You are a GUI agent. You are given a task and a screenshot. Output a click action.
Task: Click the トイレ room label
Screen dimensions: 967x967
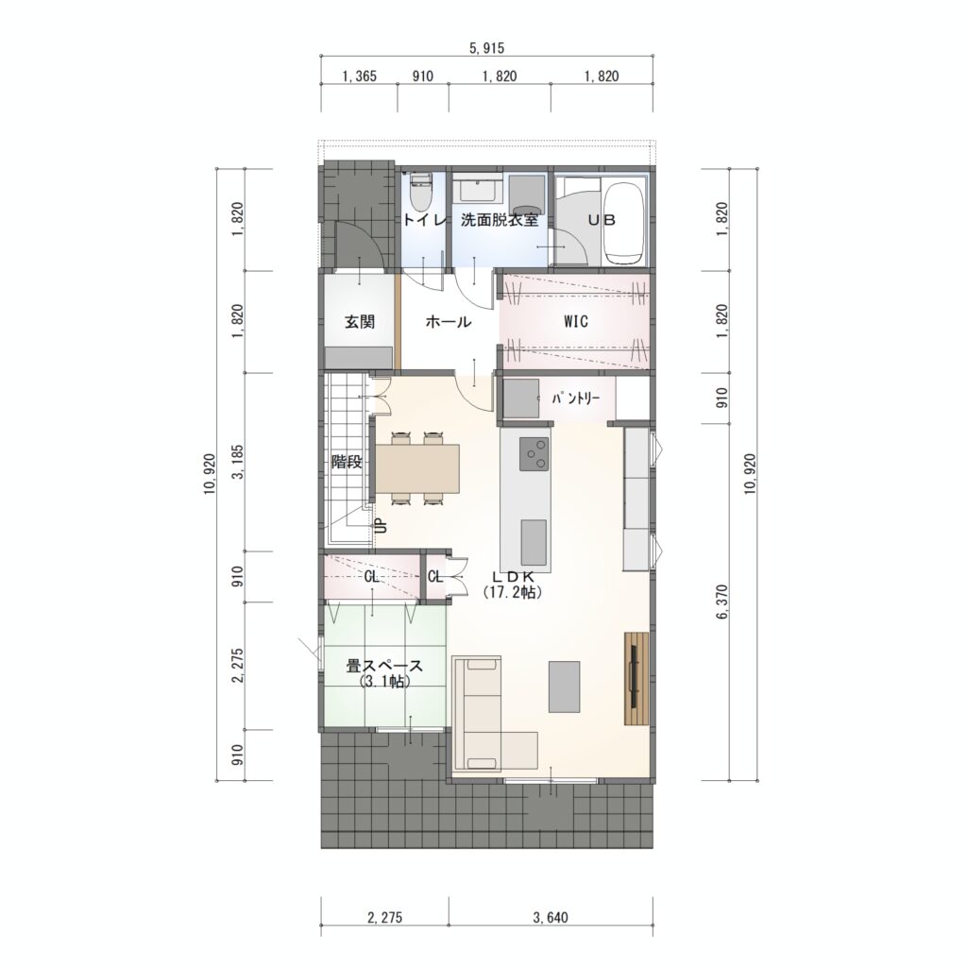[x=423, y=220]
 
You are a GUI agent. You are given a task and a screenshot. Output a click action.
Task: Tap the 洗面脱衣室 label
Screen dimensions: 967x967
[x=500, y=220]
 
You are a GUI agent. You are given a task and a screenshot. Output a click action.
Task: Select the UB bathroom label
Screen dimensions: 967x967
[x=601, y=220]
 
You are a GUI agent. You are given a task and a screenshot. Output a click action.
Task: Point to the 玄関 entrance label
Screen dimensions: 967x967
[x=359, y=322]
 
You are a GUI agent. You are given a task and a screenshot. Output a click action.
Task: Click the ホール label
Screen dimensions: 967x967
[x=449, y=322]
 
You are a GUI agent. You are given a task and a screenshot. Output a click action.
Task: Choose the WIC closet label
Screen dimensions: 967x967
[x=575, y=321]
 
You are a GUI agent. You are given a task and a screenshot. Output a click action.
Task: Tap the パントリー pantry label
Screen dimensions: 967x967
[x=576, y=399]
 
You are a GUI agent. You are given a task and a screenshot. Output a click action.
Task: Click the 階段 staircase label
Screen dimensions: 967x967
[x=347, y=461]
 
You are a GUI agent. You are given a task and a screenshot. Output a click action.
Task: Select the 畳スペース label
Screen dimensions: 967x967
[x=384, y=667]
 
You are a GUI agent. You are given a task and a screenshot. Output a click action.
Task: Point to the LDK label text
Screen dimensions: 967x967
[x=513, y=576]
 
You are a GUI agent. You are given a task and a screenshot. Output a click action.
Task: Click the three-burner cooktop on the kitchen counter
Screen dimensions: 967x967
[x=534, y=454]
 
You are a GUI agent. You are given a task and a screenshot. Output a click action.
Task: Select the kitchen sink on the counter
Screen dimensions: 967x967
[x=534, y=541]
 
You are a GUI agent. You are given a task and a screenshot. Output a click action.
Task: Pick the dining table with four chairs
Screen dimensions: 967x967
[x=417, y=468]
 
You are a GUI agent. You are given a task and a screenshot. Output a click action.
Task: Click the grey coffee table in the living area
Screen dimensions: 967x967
[x=564, y=687]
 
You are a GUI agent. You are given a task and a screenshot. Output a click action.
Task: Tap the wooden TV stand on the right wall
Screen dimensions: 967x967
[x=636, y=678]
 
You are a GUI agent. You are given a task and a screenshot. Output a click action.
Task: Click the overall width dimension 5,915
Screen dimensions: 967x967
[x=486, y=48]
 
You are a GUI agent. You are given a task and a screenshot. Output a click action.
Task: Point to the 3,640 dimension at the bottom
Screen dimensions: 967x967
[x=551, y=918]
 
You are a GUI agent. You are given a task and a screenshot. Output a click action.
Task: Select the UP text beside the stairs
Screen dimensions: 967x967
[x=382, y=525]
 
